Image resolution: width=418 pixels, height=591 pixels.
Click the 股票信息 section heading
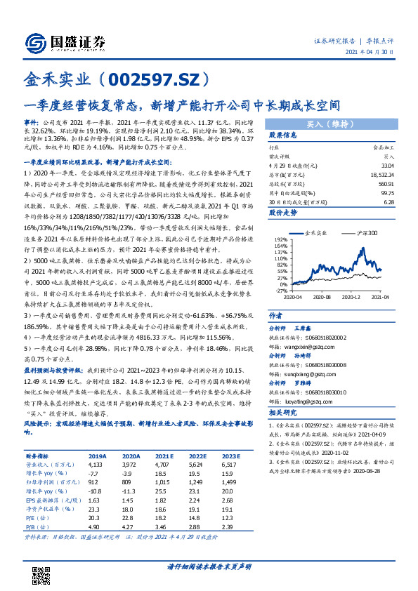284,136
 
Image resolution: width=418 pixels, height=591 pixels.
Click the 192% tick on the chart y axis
280,239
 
